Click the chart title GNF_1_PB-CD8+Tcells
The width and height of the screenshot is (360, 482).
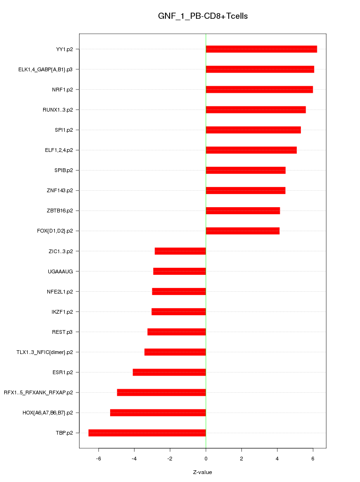tap(202, 16)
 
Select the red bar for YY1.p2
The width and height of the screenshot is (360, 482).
tap(261, 49)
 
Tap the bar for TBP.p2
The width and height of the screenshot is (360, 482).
tap(147, 433)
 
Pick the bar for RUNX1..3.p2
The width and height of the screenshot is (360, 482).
tap(255, 110)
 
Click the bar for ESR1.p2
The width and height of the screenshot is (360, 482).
tap(169, 372)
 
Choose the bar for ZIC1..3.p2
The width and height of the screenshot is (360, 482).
tap(180, 251)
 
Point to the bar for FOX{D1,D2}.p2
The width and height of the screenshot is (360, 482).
tap(242, 231)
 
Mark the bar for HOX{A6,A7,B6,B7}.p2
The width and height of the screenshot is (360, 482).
tap(158, 413)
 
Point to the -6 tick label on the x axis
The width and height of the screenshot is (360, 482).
tap(98, 458)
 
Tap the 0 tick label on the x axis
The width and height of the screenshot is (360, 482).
tap(206, 458)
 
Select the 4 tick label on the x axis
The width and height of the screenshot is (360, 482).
tap(277, 458)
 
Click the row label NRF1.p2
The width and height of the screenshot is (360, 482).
tap(66, 90)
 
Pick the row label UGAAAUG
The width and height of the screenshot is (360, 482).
tap(63, 271)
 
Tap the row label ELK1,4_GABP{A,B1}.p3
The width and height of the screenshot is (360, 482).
tap(49, 69)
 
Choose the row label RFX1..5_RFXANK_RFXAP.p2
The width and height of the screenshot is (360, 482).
tap(41, 392)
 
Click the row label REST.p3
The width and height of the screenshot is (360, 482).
tap(66, 332)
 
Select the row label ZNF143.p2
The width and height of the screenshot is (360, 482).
tap(63, 190)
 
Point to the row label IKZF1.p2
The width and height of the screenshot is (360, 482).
tap(65, 312)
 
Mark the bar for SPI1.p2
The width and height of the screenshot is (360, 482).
tap(253, 130)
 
